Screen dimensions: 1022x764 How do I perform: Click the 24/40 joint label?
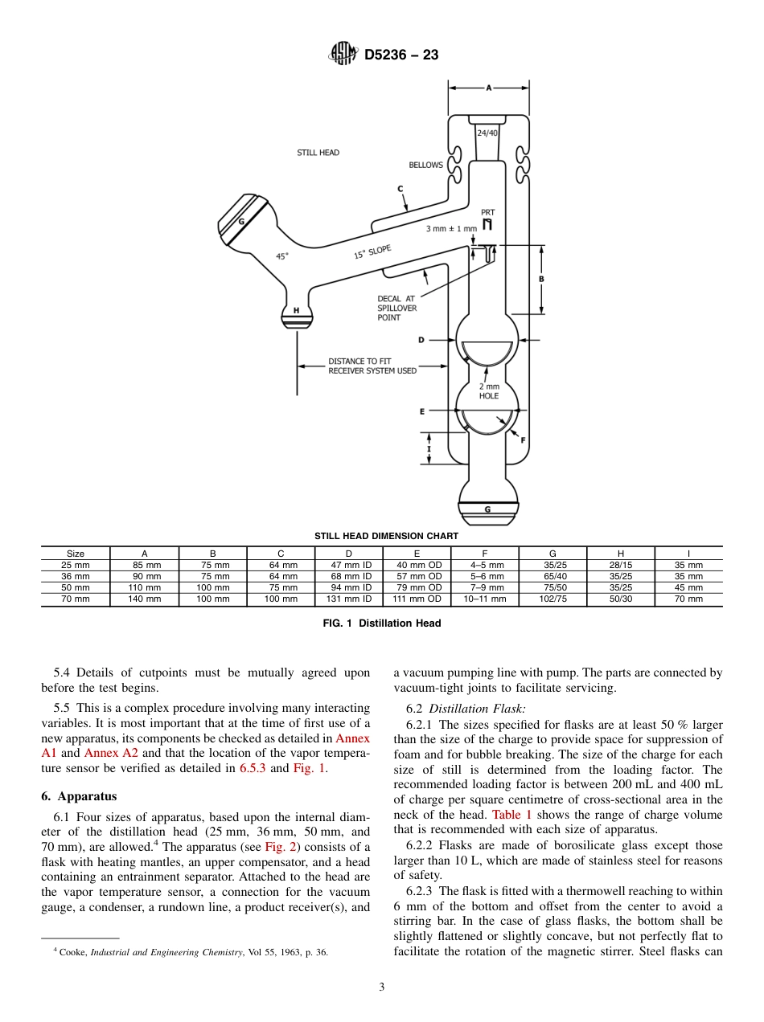487,133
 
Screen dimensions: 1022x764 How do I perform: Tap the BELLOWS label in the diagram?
425,165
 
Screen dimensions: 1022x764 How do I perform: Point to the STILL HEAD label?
318,153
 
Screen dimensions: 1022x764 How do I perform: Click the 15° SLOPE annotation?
372,252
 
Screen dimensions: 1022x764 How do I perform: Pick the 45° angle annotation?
282,256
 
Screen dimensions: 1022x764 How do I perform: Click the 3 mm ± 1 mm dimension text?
451,229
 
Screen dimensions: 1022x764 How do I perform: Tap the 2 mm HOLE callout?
489,391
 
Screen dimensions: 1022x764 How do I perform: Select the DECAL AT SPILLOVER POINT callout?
396,308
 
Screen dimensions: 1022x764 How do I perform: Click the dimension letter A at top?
488,88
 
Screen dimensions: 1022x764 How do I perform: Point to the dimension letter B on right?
541,279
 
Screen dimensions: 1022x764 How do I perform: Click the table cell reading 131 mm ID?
348,599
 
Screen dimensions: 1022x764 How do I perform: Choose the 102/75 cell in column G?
552,599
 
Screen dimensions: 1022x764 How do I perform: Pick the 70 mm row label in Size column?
76,599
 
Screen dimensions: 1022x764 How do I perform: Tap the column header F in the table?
484,554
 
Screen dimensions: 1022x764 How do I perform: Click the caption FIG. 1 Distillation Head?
382,623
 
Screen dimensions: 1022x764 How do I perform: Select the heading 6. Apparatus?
79,796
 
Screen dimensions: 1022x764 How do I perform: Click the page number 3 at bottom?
382,987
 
